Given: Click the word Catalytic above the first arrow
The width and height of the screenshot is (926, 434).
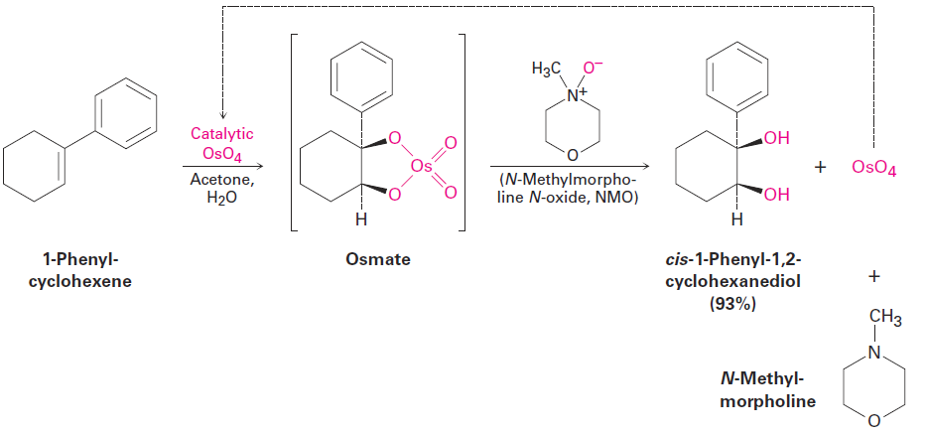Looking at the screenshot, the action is click(x=222, y=135).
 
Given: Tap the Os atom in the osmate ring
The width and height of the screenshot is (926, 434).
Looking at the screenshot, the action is click(x=422, y=168).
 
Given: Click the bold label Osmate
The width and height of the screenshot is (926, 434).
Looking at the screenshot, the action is click(x=378, y=259).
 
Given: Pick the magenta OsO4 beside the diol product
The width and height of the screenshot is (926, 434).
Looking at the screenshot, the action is click(x=874, y=169).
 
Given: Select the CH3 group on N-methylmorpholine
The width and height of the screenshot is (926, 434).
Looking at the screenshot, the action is click(x=886, y=319).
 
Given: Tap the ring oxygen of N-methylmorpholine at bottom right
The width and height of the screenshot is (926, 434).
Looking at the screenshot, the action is click(x=874, y=421).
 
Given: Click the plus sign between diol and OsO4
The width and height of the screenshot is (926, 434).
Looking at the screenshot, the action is click(x=820, y=169).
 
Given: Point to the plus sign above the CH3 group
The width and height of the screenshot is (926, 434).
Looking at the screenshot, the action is click(x=874, y=277).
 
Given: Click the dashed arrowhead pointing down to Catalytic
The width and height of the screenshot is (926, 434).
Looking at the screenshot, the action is click(x=222, y=113).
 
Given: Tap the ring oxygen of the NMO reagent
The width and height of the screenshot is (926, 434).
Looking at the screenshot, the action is click(x=572, y=156).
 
